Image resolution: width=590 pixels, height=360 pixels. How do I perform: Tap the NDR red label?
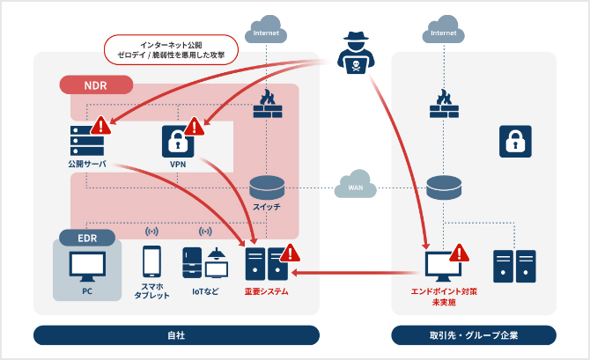[x=95, y=85]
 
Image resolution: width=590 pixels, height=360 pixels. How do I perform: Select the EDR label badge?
[x=87, y=238]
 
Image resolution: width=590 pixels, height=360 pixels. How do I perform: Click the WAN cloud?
[x=355, y=187]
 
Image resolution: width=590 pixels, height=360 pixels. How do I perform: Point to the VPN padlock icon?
[x=177, y=141]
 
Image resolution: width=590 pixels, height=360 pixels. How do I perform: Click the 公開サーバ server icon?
[x=86, y=139]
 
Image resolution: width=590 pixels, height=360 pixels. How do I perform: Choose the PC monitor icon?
[x=86, y=265]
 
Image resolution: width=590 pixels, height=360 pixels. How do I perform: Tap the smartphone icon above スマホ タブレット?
[x=151, y=262]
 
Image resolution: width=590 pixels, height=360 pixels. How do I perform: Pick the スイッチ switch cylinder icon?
[x=266, y=187]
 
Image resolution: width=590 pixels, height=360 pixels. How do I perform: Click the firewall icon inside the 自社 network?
[x=267, y=105]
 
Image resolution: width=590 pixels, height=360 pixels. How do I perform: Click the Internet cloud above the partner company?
[x=444, y=33]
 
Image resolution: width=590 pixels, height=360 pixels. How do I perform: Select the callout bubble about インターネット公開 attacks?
[x=171, y=48]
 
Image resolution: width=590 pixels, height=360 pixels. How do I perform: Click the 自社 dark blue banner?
[x=176, y=335]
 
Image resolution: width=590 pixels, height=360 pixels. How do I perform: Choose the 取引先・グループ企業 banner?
[x=474, y=335]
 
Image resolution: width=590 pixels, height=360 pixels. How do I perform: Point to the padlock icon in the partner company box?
[x=515, y=141]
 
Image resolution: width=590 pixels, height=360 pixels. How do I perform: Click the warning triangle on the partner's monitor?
[x=458, y=254]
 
